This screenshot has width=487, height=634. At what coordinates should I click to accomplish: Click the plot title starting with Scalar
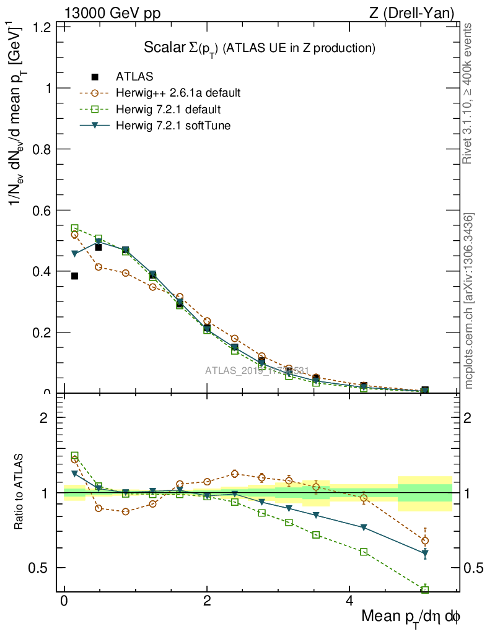click(x=260, y=48)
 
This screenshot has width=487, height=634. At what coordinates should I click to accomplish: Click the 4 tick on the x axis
click(x=349, y=602)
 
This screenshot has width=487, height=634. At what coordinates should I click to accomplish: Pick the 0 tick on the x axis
click(x=64, y=602)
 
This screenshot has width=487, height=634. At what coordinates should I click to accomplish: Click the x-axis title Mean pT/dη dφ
click(x=411, y=617)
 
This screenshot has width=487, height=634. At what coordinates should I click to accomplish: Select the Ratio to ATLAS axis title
click(x=19, y=493)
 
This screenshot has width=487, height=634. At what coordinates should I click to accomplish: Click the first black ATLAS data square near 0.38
click(x=74, y=276)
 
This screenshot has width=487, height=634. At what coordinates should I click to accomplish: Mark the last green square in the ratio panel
click(x=425, y=590)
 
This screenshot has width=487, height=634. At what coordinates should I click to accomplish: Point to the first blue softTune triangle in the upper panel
click(x=74, y=254)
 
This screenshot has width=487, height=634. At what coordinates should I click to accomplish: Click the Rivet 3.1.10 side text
click(x=469, y=93)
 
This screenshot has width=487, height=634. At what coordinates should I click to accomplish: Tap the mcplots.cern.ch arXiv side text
click(x=469, y=302)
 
